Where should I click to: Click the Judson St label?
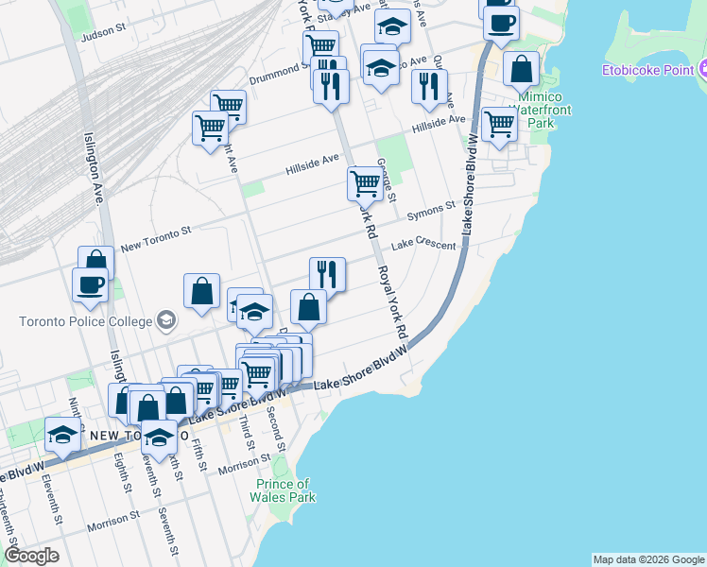point(104,30)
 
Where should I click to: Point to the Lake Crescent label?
point(422,244)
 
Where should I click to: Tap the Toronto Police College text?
point(85,321)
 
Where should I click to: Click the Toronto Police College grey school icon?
point(166,320)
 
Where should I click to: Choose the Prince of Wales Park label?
point(284,490)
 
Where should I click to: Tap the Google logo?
point(32,555)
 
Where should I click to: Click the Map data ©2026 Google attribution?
point(648,559)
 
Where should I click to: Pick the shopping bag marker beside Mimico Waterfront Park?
point(522,69)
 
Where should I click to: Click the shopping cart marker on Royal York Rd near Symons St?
point(365,182)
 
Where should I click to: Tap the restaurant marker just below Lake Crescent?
point(327,274)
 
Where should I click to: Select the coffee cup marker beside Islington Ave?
point(91,284)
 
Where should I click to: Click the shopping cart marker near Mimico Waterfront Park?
point(498,124)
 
